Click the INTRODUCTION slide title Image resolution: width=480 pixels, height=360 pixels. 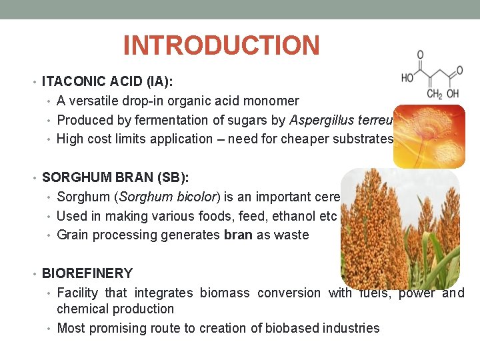click(x=221, y=46)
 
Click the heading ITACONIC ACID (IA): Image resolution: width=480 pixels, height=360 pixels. click(x=107, y=82)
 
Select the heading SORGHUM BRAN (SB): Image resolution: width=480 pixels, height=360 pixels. click(x=115, y=177)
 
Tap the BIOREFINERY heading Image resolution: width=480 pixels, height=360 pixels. click(x=87, y=273)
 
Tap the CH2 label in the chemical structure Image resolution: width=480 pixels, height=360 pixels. click(x=434, y=95)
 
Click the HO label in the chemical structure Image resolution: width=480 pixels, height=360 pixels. click(x=408, y=77)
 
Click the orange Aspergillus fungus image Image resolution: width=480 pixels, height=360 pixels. click(x=429, y=135)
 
